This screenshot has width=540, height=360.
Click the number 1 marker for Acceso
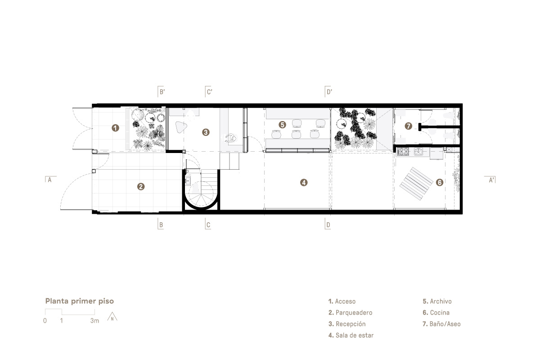pyautogui.click(x=116, y=128)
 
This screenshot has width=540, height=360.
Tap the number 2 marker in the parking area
pyautogui.click(x=141, y=186)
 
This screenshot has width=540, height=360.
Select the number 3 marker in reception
pyautogui.click(x=206, y=132)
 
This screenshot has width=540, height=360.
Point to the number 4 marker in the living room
pyautogui.click(x=304, y=183)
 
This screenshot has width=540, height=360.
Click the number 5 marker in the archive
pyautogui.click(x=282, y=125)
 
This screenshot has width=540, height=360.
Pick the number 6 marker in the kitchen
pyautogui.click(x=440, y=183)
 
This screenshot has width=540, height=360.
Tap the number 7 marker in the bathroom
pyautogui.click(x=409, y=126)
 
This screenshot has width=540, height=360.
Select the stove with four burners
pyautogui.click(x=403, y=152)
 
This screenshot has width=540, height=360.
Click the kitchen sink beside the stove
pyautogui.click(x=418, y=152)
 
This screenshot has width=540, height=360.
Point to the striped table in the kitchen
pyautogui.click(x=416, y=184)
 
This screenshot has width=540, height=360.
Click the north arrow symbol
pyautogui.click(x=112, y=317)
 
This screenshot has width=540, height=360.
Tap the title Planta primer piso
pyautogui.click(x=80, y=301)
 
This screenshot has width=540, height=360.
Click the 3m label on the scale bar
pyautogui.click(x=95, y=321)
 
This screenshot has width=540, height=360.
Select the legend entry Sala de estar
pyautogui.click(x=351, y=335)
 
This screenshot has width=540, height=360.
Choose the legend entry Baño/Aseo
pyautogui.click(x=441, y=324)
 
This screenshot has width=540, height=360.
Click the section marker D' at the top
pyautogui.click(x=328, y=92)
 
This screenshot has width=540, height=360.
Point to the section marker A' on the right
pyautogui.click(x=490, y=180)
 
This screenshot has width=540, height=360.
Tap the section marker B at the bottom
pyautogui.click(x=161, y=224)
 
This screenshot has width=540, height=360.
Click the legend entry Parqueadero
pyautogui.click(x=350, y=312)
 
